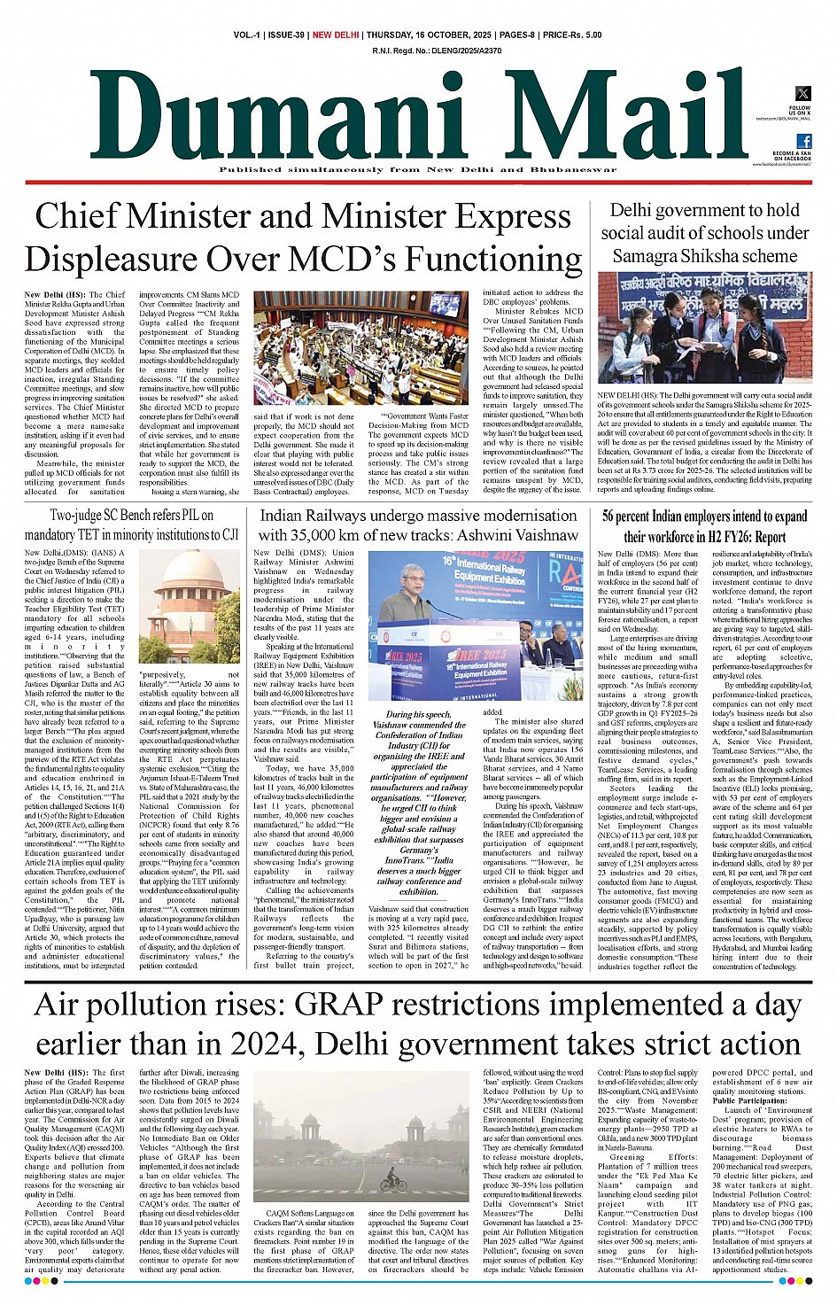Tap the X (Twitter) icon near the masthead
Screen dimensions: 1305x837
(x=802, y=93)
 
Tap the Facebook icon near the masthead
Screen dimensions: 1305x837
(x=803, y=141)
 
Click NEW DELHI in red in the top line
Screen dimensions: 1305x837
(x=336, y=35)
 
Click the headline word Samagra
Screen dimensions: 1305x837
(x=649, y=256)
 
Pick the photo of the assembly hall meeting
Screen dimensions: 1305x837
(x=361, y=348)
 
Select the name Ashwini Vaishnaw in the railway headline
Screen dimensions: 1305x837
(x=522, y=535)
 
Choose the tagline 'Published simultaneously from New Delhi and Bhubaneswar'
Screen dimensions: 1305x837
(x=418, y=170)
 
